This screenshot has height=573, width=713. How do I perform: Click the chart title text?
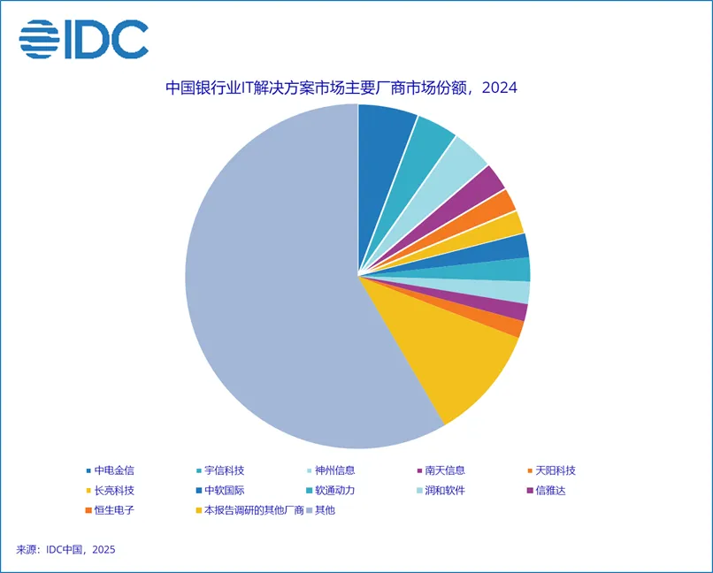pyautogui.click(x=341, y=88)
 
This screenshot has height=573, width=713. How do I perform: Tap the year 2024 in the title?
pyautogui.click(x=500, y=88)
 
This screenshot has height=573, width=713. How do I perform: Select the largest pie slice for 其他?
pyautogui.click(x=265, y=283)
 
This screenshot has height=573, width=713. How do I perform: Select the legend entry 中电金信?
pyautogui.click(x=114, y=470)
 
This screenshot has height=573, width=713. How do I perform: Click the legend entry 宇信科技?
pyautogui.click(x=226, y=470)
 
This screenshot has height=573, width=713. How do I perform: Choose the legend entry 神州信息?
pyautogui.click(x=335, y=470)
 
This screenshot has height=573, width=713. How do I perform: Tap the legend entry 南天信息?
pyautogui.click(x=445, y=470)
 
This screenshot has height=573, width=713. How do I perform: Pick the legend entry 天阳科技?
pyautogui.click(x=556, y=470)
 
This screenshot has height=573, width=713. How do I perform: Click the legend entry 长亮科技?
pyautogui.click(x=114, y=490)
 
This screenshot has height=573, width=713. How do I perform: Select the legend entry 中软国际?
pyautogui.click(x=226, y=490)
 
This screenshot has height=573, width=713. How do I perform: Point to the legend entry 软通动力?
pyautogui.click(x=335, y=490)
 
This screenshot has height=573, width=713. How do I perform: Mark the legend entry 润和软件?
pyautogui.click(x=445, y=490)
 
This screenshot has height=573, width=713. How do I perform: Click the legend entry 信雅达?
pyautogui.click(x=550, y=490)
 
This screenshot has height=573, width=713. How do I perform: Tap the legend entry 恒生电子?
pyautogui.click(x=114, y=509)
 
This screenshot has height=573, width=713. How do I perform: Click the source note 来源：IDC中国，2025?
pyautogui.click(x=66, y=549)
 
